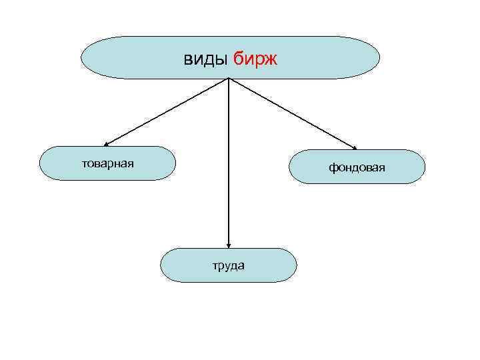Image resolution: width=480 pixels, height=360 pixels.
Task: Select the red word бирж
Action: [x=255, y=59]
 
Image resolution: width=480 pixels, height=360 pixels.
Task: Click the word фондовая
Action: [x=357, y=167]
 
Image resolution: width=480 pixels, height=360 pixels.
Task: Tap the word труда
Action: [x=229, y=265]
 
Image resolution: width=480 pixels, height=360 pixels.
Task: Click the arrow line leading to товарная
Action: [x=167, y=111]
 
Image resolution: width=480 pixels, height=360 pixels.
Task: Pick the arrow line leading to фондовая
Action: [x=293, y=113]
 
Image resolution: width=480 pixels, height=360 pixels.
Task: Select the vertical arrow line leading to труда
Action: [x=229, y=160]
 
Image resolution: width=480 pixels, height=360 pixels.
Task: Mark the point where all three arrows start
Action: [x=229, y=78]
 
